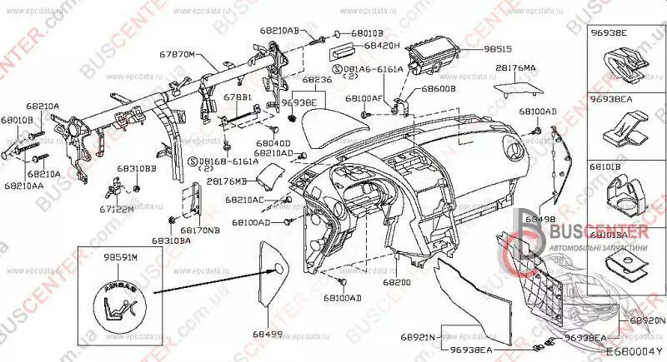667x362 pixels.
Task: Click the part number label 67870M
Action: click(177, 54)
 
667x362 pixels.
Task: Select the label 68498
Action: click(540, 218)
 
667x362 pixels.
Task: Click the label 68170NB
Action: click(200, 231)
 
